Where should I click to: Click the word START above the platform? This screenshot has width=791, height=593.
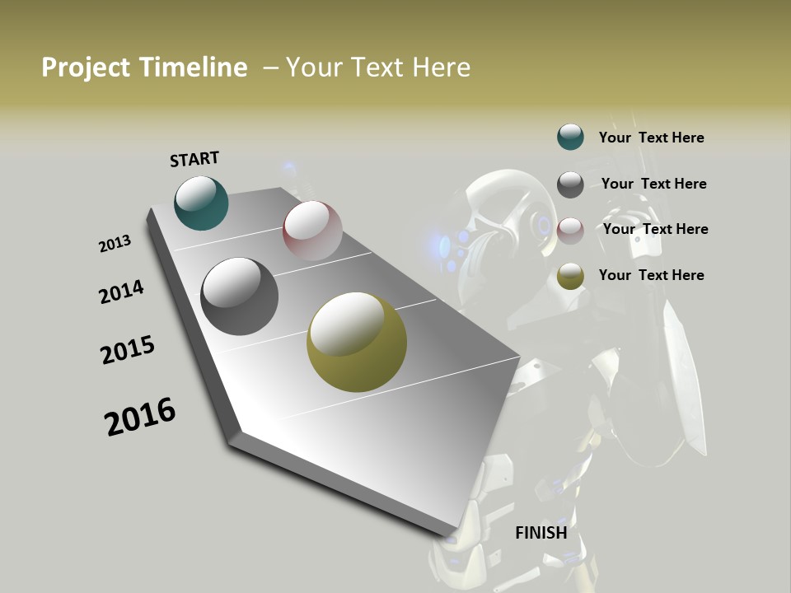click(x=194, y=159)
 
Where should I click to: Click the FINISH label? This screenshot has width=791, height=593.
click(x=541, y=533)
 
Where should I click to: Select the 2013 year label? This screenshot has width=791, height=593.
click(x=115, y=244)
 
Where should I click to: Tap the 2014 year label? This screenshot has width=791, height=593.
click(x=121, y=292)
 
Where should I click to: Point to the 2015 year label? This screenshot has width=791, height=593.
click(x=128, y=350)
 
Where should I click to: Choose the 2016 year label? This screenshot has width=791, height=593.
click(x=140, y=417)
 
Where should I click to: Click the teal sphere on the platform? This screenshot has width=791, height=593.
click(x=201, y=203)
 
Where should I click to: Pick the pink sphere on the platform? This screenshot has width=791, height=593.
click(x=312, y=231)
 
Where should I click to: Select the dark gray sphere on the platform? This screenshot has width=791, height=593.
click(x=239, y=296)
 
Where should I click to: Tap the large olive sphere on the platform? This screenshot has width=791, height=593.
click(x=356, y=342)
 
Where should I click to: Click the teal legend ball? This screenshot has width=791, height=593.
click(x=570, y=137)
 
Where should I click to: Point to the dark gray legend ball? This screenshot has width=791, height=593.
click(x=570, y=184)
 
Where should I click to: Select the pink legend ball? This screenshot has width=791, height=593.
click(x=570, y=231)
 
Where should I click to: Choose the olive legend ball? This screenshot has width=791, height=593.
click(x=570, y=277)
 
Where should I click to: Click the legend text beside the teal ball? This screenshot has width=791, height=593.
click(x=651, y=138)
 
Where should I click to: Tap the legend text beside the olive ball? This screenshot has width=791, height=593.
click(x=651, y=275)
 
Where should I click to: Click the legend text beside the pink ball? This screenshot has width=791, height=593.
click(x=655, y=229)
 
